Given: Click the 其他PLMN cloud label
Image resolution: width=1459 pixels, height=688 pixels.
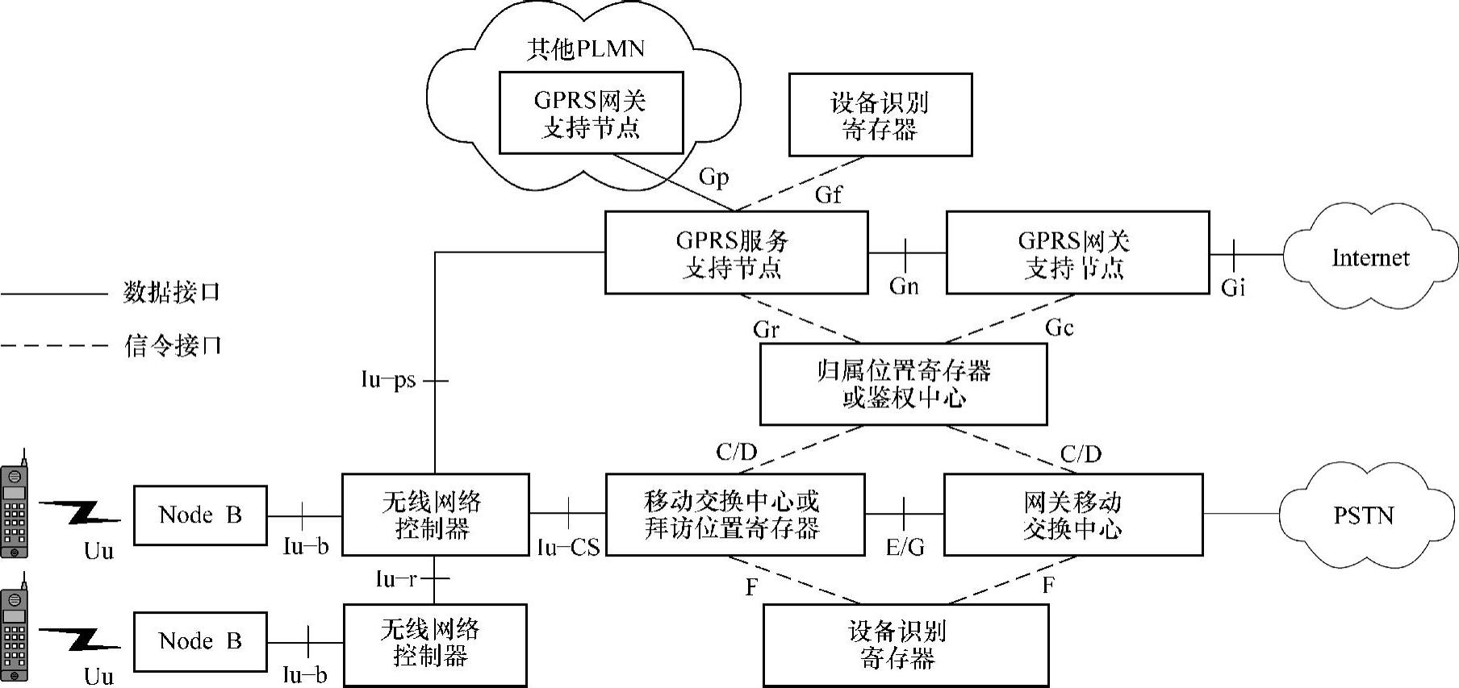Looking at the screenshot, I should point(585,49).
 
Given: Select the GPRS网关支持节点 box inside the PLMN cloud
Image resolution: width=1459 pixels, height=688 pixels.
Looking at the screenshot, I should point(591,113).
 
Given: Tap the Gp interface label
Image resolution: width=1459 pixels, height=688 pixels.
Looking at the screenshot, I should point(713,177).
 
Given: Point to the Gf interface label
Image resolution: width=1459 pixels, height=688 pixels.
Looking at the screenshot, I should point(828,194).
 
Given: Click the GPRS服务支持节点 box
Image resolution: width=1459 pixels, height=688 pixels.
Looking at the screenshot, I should point(736,252).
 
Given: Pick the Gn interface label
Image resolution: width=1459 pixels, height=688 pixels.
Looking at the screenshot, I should point(904,286).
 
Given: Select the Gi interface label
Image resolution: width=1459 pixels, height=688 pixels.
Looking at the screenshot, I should point(1232,287).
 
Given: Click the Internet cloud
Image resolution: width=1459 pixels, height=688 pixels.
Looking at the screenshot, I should point(1369,258).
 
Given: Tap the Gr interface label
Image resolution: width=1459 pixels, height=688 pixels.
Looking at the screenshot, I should point(766,329).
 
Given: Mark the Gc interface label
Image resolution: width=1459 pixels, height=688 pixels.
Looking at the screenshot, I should point(1059,327).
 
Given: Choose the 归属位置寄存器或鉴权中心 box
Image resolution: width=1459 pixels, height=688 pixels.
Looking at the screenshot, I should point(903,384).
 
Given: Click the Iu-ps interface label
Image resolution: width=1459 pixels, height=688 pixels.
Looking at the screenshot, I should point(388,380).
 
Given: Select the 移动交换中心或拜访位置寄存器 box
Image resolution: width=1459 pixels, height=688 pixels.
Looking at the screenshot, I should point(734,515).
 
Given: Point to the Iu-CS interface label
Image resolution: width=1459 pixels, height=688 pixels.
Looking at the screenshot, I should point(568,548).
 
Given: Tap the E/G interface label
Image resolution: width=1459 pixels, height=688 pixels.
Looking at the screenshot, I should point(905,548).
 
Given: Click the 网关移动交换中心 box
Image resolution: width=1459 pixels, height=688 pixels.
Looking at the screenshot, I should point(1072,515).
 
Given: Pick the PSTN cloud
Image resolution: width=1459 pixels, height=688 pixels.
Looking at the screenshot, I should point(1363,515).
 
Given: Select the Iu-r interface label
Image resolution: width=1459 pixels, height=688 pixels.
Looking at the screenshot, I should point(396,579).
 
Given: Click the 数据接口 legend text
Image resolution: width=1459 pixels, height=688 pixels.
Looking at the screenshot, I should point(171,292).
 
